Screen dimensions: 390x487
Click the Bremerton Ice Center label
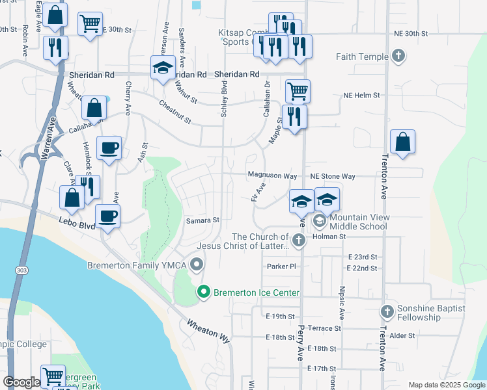257,293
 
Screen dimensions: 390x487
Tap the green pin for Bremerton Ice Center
204,292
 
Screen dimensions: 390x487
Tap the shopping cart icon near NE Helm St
298,92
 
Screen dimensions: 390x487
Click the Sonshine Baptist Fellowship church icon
387,312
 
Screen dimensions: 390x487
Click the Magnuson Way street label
272,176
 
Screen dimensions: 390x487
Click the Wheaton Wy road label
209,331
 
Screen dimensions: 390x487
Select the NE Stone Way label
333,176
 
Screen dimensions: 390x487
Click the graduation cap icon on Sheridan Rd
162,67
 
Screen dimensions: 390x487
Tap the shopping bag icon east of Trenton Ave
403,142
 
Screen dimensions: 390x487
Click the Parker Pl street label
281,266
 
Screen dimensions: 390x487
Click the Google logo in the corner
21,382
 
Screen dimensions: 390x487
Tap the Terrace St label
325,328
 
